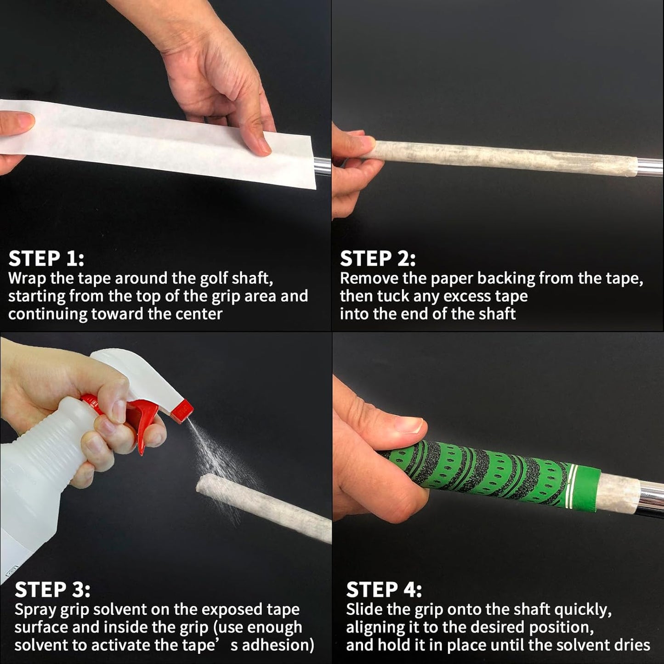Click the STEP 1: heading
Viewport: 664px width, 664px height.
point(46,259)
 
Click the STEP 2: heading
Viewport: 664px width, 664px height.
point(378,259)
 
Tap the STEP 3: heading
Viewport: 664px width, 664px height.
point(52,590)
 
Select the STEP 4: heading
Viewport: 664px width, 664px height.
point(384,590)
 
